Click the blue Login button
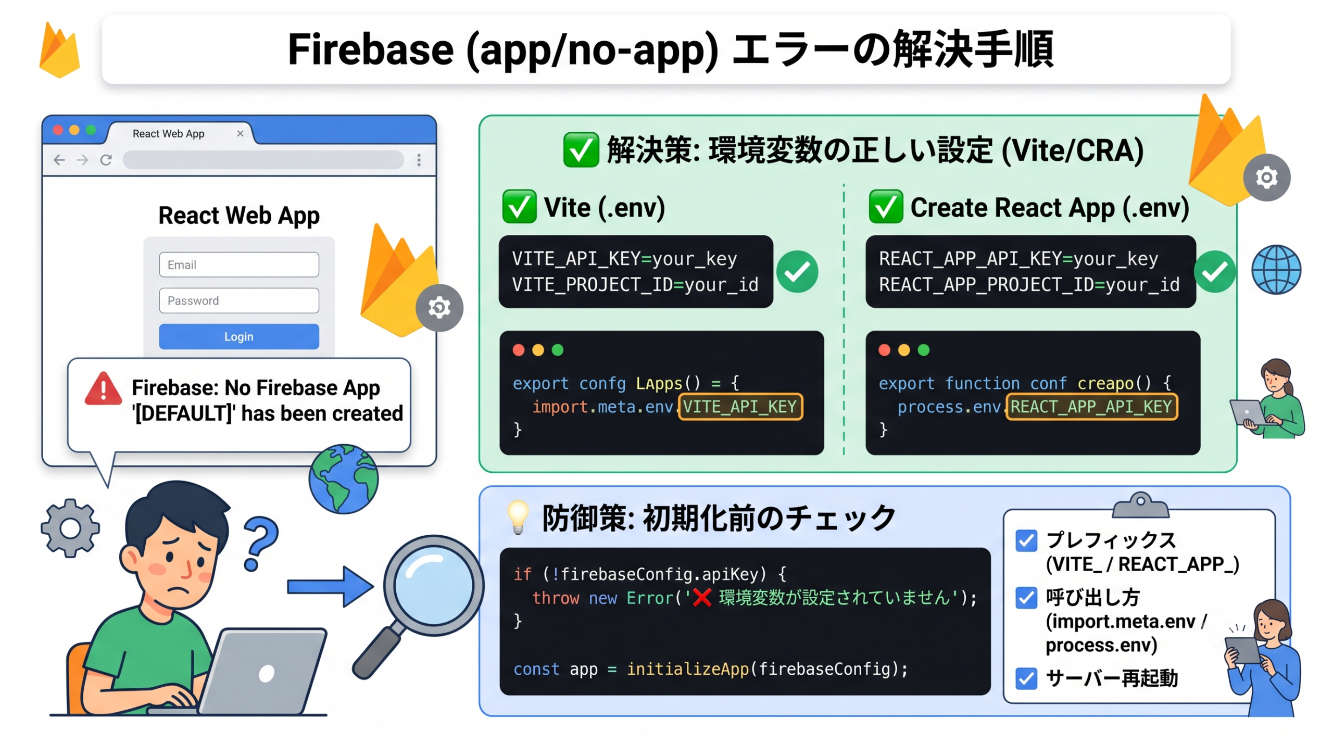click(x=238, y=336)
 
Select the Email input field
click(x=238, y=264)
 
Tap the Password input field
click(x=238, y=300)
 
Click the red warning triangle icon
click(x=103, y=388)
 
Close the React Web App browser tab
click(x=240, y=133)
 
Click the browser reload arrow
click(x=106, y=160)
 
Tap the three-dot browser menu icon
click(x=419, y=160)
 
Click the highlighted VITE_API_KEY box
click(x=740, y=407)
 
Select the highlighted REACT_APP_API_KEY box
click(x=1091, y=407)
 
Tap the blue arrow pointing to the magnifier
click(x=331, y=587)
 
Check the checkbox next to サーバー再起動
click(x=1026, y=678)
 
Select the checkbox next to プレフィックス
click(x=1026, y=541)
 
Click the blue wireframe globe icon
click(x=1276, y=270)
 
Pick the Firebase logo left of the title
click(x=60, y=51)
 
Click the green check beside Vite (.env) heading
click(x=519, y=207)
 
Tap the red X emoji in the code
click(x=702, y=597)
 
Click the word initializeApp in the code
click(x=687, y=669)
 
